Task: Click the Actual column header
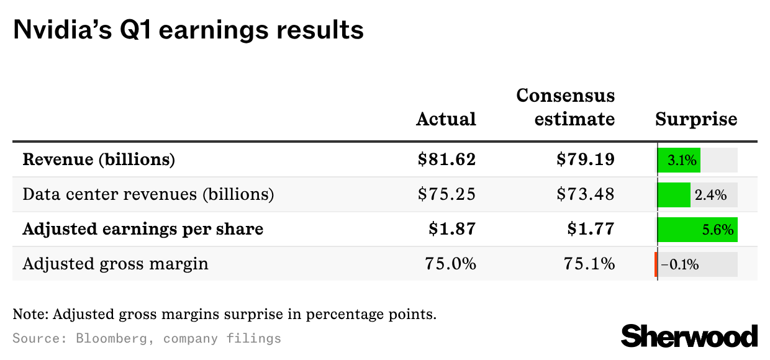point(446,119)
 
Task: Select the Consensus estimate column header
point(566,107)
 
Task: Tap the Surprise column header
point(696,119)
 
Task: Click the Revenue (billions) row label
point(99,160)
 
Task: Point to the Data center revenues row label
point(148,194)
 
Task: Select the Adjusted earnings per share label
point(143,229)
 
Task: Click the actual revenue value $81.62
point(446,160)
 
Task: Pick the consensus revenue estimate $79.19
point(586,160)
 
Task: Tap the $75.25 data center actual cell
point(446,194)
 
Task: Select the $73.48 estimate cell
point(586,194)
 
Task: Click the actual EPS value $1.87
point(452,229)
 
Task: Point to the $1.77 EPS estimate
point(591,229)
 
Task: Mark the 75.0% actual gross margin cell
point(450,264)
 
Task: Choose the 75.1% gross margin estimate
point(589,264)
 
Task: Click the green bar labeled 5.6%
point(698,230)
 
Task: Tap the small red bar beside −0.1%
point(656,264)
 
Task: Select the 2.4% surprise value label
point(710,195)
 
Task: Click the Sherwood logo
point(689,336)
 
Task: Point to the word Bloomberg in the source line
point(111,339)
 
